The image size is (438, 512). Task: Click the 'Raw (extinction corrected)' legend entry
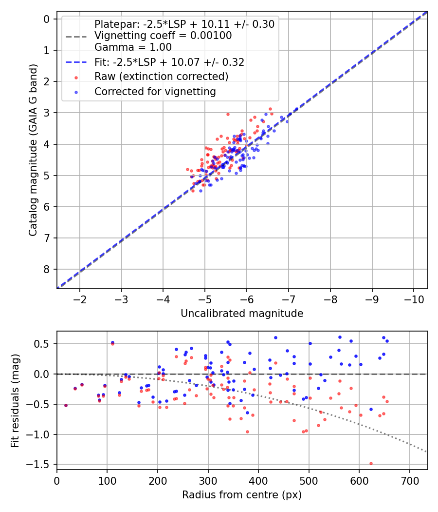(161, 77)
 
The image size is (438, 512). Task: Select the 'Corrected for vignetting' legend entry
(155, 91)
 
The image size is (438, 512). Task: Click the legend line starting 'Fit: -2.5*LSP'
(169, 62)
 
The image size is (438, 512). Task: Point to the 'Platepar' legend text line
(184, 24)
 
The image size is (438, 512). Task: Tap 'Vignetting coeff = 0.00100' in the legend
(163, 36)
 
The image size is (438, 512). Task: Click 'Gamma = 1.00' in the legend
(133, 47)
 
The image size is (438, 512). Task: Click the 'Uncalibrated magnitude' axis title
(242, 314)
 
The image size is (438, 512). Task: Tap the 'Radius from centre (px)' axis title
(242, 495)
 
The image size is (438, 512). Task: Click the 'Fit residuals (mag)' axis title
(15, 400)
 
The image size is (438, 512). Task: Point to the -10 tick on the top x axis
(414, 299)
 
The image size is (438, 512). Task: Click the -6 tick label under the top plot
(247, 299)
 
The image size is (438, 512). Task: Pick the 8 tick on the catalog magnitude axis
(47, 269)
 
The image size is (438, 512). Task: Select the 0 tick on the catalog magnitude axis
(47, 19)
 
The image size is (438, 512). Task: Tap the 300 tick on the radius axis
(208, 480)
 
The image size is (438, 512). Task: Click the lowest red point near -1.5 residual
(371, 463)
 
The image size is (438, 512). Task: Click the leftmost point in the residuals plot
(66, 405)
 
